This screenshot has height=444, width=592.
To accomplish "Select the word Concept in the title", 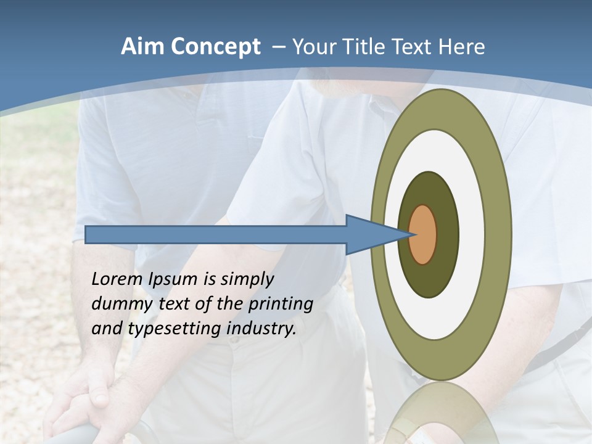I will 216,47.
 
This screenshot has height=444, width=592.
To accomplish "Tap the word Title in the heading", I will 368,47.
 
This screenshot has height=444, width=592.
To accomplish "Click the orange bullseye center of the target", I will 423,234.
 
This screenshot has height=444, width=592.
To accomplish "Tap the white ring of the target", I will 472,234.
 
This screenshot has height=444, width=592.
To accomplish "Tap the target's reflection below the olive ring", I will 441,413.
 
